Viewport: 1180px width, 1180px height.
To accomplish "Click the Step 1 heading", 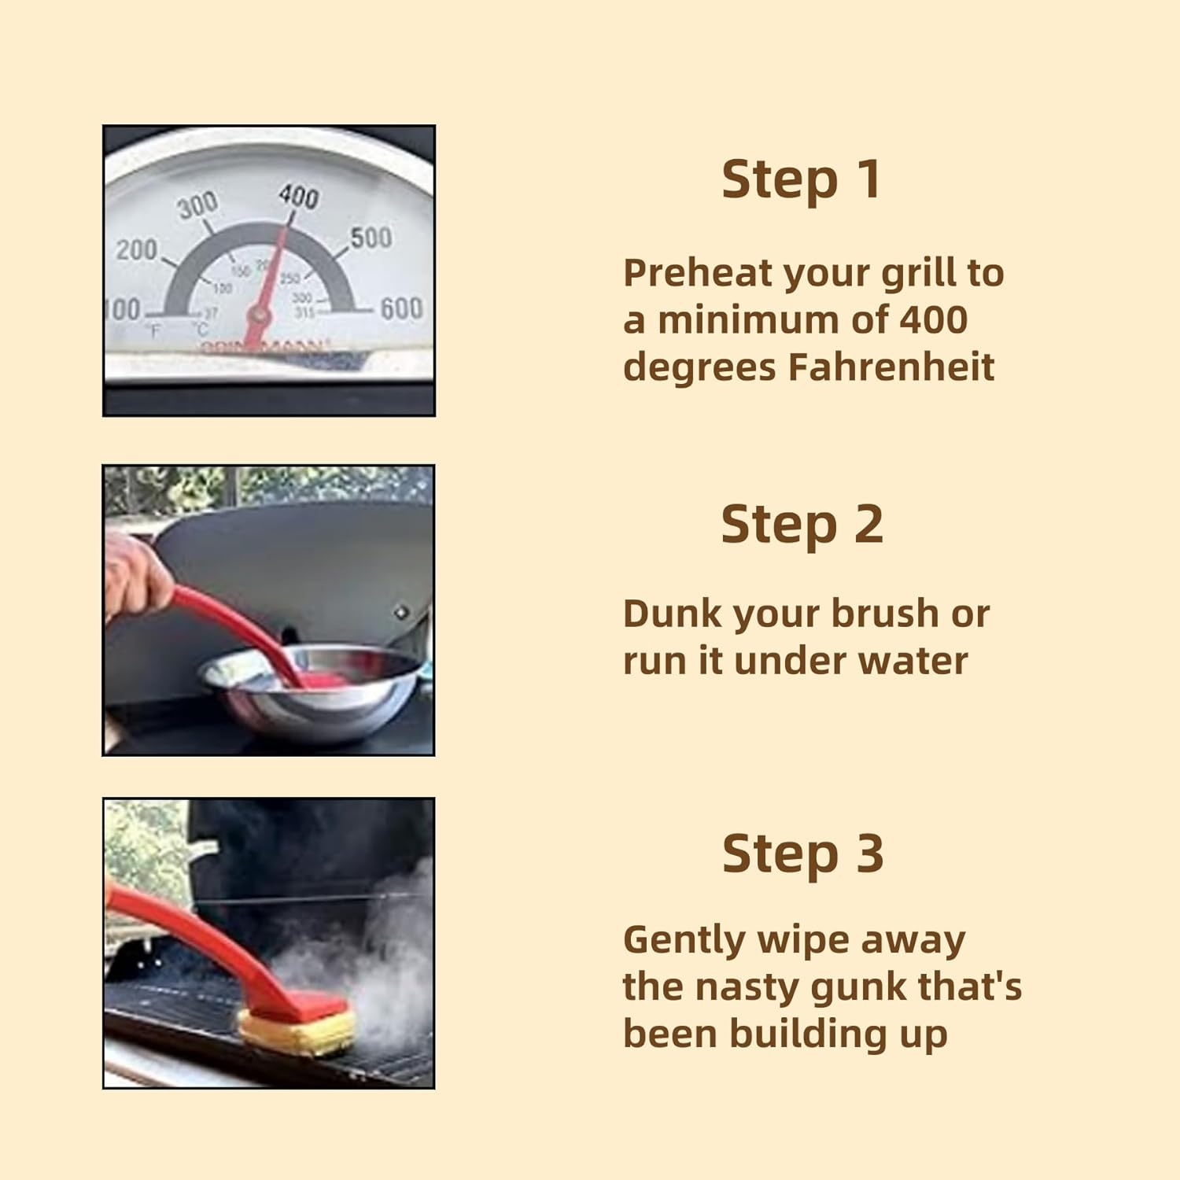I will pyautogui.click(x=801, y=180).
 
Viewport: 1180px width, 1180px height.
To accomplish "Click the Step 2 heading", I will pyautogui.click(x=802, y=525).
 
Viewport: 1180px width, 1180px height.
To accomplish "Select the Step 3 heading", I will pyautogui.click(x=802, y=854).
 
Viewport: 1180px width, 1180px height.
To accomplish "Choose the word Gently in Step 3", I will pyautogui.click(x=683, y=941).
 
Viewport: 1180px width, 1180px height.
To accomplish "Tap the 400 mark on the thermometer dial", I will pyautogui.click(x=299, y=196).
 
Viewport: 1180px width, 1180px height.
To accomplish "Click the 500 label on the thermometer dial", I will pyautogui.click(x=371, y=237).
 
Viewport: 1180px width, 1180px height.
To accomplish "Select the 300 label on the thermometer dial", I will pyautogui.click(x=197, y=206).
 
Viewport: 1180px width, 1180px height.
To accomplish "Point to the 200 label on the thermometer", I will pyautogui.click(x=137, y=249).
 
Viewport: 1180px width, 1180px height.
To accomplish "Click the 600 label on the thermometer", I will pyautogui.click(x=401, y=309).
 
